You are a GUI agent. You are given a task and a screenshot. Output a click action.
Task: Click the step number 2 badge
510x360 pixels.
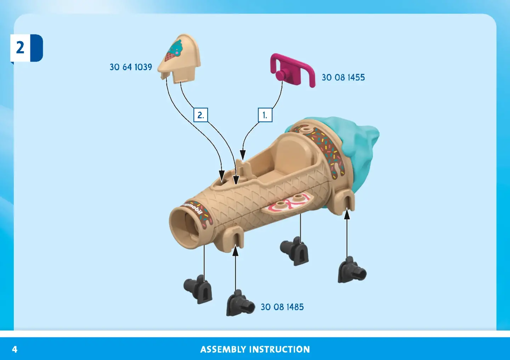[27, 48]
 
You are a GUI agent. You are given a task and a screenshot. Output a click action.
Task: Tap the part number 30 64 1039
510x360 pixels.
[131, 67]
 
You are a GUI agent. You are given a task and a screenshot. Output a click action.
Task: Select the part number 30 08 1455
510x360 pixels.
[343, 78]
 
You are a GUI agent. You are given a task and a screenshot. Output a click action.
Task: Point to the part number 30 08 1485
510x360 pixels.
[282, 307]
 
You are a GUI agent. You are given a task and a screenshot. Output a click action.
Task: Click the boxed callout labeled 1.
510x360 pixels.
[265, 115]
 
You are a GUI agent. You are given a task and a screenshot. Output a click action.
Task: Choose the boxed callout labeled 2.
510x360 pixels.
[200, 115]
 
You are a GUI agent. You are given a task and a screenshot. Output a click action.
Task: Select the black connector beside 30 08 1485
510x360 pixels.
[240, 303]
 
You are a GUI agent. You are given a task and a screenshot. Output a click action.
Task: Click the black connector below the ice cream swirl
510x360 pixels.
[352, 270]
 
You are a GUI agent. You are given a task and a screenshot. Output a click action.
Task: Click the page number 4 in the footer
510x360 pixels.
[15, 349]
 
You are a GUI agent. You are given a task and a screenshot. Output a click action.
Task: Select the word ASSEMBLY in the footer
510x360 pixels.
[223, 349]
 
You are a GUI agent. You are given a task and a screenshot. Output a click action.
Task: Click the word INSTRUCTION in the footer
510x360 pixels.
[279, 349]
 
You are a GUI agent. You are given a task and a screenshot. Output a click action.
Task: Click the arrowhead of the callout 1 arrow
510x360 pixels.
[243, 155]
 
